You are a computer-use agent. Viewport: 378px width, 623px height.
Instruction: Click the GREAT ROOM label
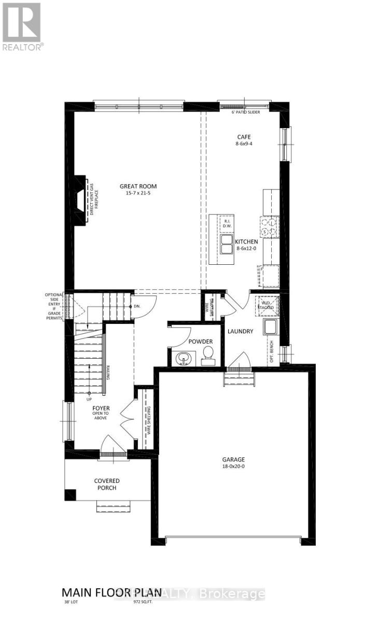(138, 186)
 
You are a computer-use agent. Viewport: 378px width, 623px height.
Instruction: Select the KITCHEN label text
(246, 242)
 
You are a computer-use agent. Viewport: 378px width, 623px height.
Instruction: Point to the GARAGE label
(233, 459)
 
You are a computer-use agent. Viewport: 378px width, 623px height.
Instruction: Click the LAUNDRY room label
(240, 331)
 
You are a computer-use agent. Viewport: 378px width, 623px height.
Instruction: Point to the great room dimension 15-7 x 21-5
(138, 194)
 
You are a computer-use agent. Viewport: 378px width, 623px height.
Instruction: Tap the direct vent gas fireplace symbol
(80, 199)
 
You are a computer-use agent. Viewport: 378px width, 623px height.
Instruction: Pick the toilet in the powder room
(208, 354)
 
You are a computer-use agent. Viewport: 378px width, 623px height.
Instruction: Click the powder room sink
(184, 358)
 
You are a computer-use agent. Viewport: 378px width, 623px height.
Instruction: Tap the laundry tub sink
(270, 327)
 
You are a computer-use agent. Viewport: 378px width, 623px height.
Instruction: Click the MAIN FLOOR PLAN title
(107, 592)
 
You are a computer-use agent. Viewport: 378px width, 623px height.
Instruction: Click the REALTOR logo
(22, 26)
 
